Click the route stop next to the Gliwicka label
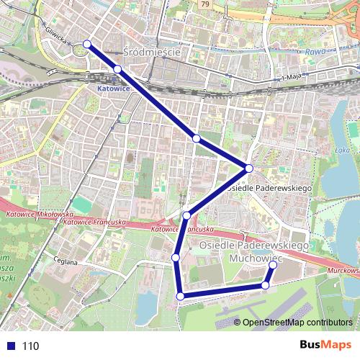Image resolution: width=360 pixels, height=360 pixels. [x=87, y=45]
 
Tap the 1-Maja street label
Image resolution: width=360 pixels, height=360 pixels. [x=292, y=77]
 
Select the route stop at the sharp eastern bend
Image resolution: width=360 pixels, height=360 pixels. [x=249, y=168]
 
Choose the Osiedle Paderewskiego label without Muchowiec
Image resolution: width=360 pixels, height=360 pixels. [x=268, y=188]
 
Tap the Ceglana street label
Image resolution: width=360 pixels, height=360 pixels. [x=66, y=262]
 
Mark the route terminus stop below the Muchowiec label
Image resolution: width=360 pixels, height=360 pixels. [x=273, y=266]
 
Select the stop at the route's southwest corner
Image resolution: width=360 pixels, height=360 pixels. [x=180, y=295]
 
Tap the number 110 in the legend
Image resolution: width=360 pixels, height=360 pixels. [x=31, y=346]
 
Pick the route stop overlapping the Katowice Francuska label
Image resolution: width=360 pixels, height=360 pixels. [x=186, y=216]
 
